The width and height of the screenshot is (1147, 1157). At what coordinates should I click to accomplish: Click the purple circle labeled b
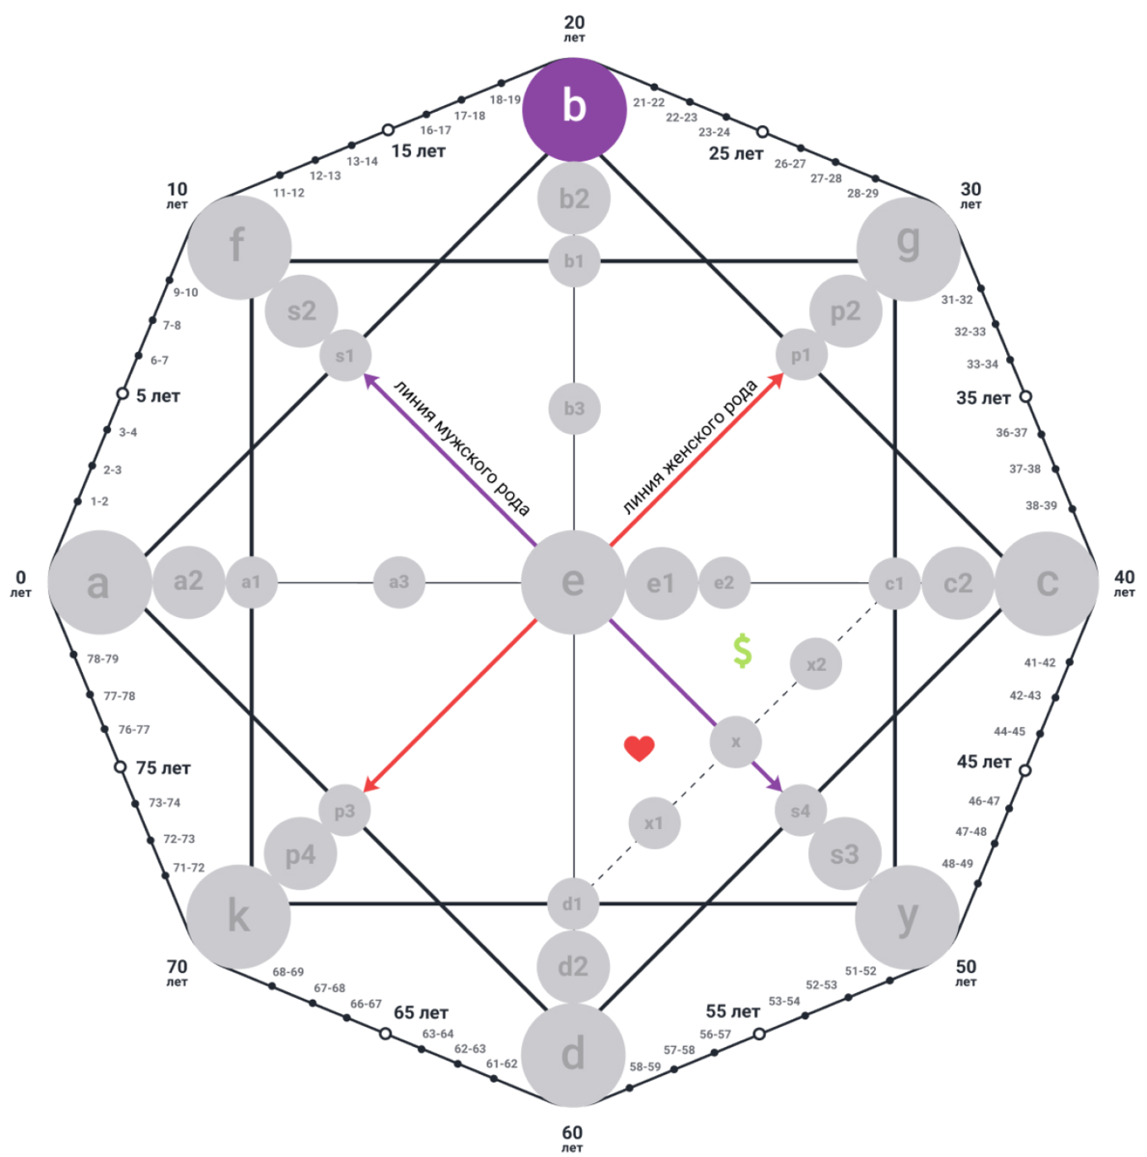[574, 109]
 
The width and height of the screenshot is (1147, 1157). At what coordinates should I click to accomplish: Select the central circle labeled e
[573, 582]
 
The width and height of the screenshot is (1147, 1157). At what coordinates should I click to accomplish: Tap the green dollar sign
[742, 652]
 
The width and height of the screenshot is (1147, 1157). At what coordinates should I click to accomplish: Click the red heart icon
[639, 748]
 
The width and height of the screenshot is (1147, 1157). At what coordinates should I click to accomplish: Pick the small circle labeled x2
[815, 664]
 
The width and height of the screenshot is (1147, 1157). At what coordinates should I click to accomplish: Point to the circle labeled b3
[574, 409]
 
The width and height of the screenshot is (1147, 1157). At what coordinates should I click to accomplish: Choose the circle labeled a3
[398, 581]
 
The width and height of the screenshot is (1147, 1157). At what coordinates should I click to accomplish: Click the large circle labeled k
[237, 916]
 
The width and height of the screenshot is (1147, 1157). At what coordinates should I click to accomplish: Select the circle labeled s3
[843, 854]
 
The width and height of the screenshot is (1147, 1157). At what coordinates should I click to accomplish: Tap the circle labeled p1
[801, 356]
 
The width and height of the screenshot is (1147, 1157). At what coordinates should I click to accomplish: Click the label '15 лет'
[419, 151]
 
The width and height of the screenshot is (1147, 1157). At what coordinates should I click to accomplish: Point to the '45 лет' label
[984, 762]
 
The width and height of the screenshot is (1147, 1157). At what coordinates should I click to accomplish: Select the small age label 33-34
[982, 364]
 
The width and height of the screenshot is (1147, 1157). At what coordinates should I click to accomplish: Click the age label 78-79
[102, 659]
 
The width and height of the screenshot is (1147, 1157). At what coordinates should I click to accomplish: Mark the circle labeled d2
[573, 966]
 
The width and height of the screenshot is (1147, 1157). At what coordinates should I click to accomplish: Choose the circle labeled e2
[724, 582]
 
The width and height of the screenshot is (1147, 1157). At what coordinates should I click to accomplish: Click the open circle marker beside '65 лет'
[385, 1034]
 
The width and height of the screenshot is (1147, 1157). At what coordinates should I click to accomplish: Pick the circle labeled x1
[654, 823]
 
